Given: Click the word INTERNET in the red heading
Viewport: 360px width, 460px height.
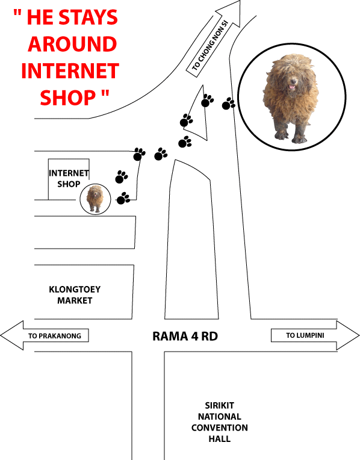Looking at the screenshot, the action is (70, 70).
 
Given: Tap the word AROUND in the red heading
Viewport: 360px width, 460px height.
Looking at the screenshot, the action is (72, 44).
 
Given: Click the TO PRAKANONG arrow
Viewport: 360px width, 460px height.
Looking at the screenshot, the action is (45, 335).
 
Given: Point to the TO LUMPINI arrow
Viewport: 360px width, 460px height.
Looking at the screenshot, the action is (315, 335).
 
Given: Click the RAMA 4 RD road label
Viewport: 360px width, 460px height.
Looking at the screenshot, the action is (185, 336).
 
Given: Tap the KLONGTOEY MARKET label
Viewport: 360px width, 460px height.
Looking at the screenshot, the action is (75, 295).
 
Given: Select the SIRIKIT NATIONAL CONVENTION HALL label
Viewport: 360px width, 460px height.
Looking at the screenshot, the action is (220, 422).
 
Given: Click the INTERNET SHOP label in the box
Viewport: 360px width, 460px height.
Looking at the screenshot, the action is (69, 178).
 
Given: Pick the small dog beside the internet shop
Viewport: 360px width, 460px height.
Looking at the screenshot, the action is (95, 198).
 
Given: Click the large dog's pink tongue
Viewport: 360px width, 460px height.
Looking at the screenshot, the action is (291, 87).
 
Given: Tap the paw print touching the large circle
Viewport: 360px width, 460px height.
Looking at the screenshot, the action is (228, 104).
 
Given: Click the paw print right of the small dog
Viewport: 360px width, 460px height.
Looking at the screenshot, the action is (123, 198).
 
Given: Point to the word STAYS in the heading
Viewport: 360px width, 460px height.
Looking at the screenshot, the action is (88, 17).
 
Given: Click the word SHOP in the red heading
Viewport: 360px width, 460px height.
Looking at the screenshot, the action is (68, 98).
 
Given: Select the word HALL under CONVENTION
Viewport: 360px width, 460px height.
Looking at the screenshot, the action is (220, 439).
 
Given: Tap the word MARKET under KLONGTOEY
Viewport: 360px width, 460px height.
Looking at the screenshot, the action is (75, 300).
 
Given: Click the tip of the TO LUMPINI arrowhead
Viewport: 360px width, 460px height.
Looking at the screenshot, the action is (359, 335).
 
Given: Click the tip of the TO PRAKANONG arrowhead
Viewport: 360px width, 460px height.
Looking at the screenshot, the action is (1, 335).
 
